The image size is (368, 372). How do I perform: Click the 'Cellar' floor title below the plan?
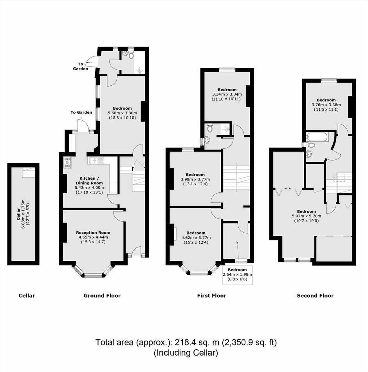point(27,296)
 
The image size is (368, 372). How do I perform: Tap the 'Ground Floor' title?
point(102,296)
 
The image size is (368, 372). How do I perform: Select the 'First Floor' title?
point(212,296)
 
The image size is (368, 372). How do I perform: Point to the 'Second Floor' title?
point(315,296)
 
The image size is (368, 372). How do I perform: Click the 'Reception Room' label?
point(93,233)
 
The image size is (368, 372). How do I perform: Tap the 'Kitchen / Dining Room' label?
point(89,181)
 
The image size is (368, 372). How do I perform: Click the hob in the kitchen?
point(67,163)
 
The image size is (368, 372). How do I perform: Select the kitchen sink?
point(96,161)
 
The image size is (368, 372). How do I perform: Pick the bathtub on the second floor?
point(317,137)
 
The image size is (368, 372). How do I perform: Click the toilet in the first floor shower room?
point(209,128)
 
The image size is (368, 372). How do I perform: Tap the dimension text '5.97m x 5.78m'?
point(306,216)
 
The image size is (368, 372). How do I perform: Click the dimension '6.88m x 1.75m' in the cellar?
point(23,208)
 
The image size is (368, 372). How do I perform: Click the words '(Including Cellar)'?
point(186,353)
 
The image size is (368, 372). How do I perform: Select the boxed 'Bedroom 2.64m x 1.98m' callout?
point(237,274)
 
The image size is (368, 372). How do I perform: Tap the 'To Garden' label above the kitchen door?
point(81,112)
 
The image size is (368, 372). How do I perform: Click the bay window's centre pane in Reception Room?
point(94,275)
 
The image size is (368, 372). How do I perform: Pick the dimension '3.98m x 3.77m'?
point(195,179)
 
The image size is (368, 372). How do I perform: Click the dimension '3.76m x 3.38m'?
point(326,105)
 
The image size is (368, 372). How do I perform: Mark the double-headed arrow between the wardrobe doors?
point(288,188)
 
